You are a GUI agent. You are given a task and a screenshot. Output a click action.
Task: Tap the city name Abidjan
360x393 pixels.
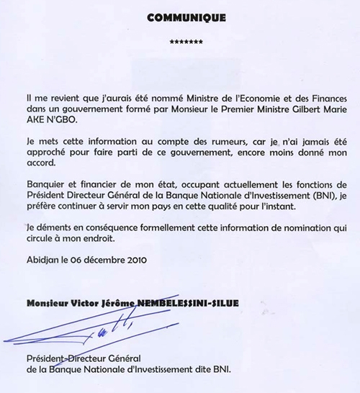(x=42, y=261)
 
